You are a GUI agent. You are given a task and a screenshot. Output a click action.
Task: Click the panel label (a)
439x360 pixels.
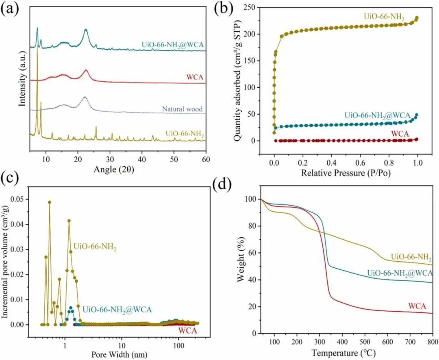pos(10,9)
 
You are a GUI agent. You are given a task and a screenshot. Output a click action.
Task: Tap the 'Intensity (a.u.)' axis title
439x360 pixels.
pos(23,82)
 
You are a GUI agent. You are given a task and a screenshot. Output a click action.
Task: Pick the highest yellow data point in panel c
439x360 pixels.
pos(50,202)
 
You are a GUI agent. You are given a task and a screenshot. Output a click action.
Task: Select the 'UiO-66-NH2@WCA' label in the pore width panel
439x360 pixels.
pos(117,310)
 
